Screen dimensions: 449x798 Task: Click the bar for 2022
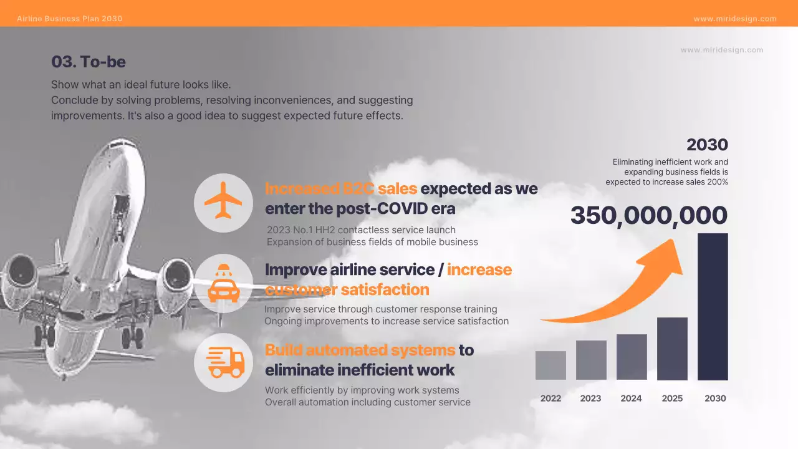click(550, 365)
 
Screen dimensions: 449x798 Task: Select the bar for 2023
click(591, 360)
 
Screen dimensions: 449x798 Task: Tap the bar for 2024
click(632, 357)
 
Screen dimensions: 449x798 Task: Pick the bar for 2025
click(672, 349)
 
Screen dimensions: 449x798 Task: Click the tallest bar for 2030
click(713, 306)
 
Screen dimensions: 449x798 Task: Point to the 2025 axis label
click(672, 398)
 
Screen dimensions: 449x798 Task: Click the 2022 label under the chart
click(550, 398)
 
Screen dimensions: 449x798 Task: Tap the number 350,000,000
click(648, 216)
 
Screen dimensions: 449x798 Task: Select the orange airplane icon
click(223, 201)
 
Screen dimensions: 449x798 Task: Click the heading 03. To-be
click(89, 62)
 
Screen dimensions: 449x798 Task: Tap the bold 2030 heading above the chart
click(707, 145)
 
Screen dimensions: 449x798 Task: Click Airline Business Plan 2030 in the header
click(70, 19)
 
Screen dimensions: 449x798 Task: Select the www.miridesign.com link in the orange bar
click(735, 19)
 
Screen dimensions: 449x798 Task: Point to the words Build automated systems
click(360, 350)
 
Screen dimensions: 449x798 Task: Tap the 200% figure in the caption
click(718, 182)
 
